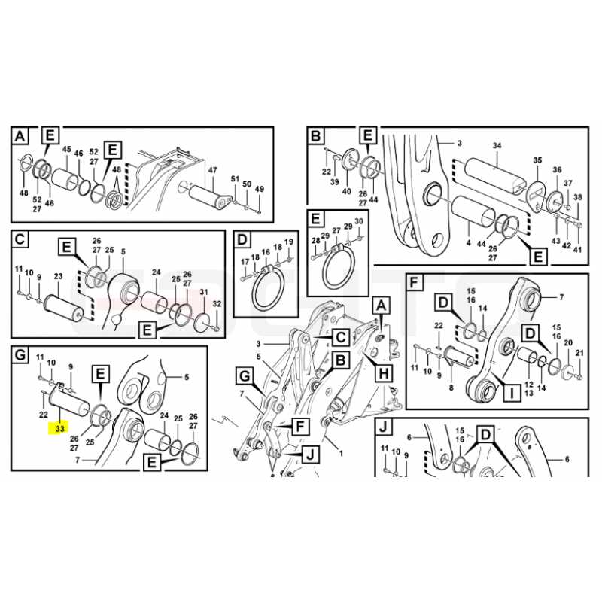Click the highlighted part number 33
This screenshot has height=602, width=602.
[60, 428]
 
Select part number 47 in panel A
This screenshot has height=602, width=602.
[212, 170]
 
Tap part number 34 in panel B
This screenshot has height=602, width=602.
[497, 145]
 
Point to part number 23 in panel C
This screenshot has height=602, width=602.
[58, 276]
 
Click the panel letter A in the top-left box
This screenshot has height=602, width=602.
[20, 136]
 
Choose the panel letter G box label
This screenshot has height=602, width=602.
[20, 354]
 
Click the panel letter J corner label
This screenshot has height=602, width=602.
[383, 427]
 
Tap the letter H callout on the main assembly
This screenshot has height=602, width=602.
[384, 372]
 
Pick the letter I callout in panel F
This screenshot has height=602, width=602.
[512, 393]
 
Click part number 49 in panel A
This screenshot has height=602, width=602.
[260, 189]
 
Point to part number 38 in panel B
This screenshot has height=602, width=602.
[577, 197]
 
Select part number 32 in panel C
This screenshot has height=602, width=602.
[217, 304]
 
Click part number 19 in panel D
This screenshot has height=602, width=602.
[289, 242]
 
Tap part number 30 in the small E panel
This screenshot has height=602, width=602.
[359, 221]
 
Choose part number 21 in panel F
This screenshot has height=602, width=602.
[579, 353]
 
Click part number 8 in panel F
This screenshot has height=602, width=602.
[451, 388]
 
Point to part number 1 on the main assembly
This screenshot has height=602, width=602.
[342, 453]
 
